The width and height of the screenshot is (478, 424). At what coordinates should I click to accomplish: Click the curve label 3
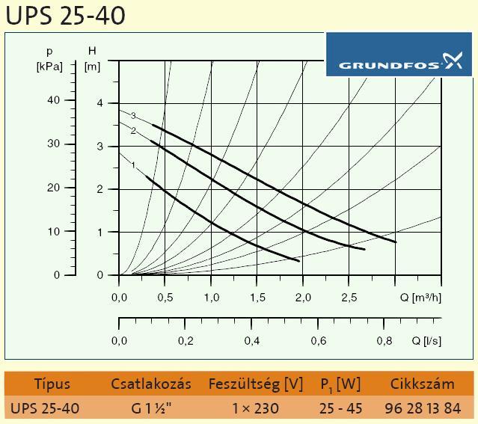click(133, 116)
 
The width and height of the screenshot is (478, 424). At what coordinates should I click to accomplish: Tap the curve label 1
click(133, 165)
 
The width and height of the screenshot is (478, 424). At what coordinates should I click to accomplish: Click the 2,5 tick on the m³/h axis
click(349, 298)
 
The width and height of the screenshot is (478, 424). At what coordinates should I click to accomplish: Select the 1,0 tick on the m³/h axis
click(211, 298)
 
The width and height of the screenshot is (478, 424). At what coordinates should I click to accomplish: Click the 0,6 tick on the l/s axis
click(319, 341)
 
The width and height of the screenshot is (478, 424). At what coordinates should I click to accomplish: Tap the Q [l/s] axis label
click(426, 341)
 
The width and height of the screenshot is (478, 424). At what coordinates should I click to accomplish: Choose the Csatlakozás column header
click(150, 384)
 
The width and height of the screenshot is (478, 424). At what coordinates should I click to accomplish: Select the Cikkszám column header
click(422, 384)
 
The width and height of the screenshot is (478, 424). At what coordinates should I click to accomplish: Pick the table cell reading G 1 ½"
click(150, 408)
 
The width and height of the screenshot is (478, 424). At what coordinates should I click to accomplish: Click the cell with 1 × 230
click(256, 408)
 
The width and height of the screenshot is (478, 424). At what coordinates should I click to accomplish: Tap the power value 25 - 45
click(341, 408)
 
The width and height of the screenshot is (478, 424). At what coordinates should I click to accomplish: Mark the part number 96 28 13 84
click(422, 408)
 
